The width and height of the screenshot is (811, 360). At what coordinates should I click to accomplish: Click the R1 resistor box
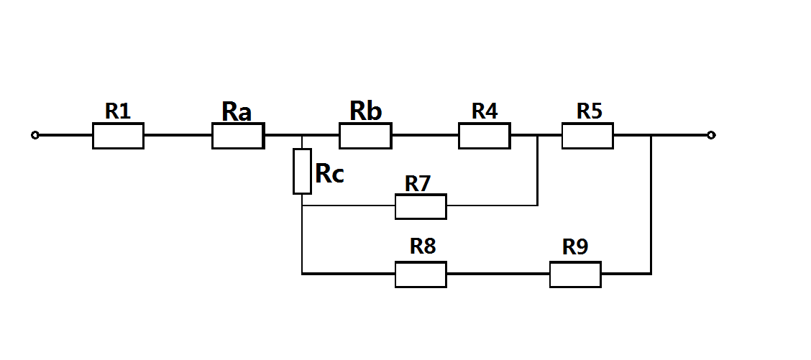pos(118,136)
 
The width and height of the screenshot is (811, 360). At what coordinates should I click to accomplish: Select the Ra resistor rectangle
pos(238,136)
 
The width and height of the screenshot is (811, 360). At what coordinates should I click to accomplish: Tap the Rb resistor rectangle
pos(365,136)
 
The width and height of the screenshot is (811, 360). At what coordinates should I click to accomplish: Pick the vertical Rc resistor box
pos(302,171)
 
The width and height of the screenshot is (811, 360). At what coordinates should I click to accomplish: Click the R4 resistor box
pos(485,136)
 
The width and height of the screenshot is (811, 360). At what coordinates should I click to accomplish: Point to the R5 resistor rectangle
pos(587,136)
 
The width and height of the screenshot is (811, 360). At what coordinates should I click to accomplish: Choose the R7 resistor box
pos(421,206)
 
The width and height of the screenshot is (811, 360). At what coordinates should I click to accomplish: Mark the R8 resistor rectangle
pos(421,274)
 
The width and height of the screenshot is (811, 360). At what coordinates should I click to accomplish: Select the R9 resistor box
pos(575,274)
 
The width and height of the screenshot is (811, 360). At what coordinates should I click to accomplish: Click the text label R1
pos(118,111)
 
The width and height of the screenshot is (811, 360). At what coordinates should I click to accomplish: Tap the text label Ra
pos(237,111)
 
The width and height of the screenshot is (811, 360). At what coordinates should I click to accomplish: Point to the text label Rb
pos(365,111)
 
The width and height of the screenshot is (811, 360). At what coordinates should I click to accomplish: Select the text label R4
pos(485,111)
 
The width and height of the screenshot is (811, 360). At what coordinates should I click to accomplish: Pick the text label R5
pos(590,111)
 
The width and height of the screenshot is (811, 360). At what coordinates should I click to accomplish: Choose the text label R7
pos(417,184)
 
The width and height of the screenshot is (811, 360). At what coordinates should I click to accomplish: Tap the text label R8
pos(423,246)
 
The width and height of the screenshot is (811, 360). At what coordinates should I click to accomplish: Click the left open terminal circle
pos(35,135)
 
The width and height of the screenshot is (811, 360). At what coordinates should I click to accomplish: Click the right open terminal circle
pos(711,135)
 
